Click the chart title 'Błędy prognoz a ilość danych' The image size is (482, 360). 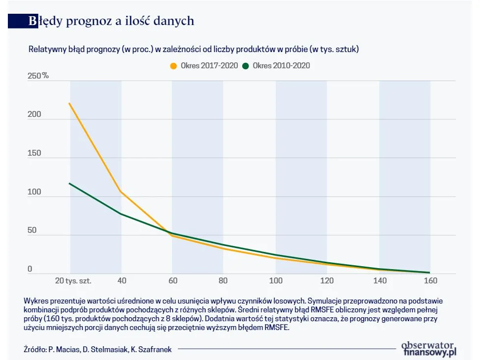click(x=111, y=21)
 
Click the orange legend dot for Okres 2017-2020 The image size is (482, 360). click(x=173, y=65)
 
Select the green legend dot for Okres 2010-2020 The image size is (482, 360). click(x=246, y=65)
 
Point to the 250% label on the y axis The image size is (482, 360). click(x=38, y=76)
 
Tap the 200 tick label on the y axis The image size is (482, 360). click(x=34, y=114)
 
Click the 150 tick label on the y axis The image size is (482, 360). click(x=34, y=153)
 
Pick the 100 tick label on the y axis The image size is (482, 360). click(x=34, y=192)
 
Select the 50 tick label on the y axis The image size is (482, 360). click(x=32, y=230)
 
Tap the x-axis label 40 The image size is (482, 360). click(x=121, y=281)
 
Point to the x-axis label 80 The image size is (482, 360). click(x=224, y=281)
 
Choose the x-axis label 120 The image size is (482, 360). click(x=327, y=281)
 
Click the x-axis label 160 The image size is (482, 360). click(x=430, y=281)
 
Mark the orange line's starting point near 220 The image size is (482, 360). click(x=69, y=103)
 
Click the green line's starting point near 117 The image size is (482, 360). click(x=69, y=183)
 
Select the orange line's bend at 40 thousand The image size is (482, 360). click(x=121, y=192)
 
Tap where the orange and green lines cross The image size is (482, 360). click(x=169, y=233)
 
